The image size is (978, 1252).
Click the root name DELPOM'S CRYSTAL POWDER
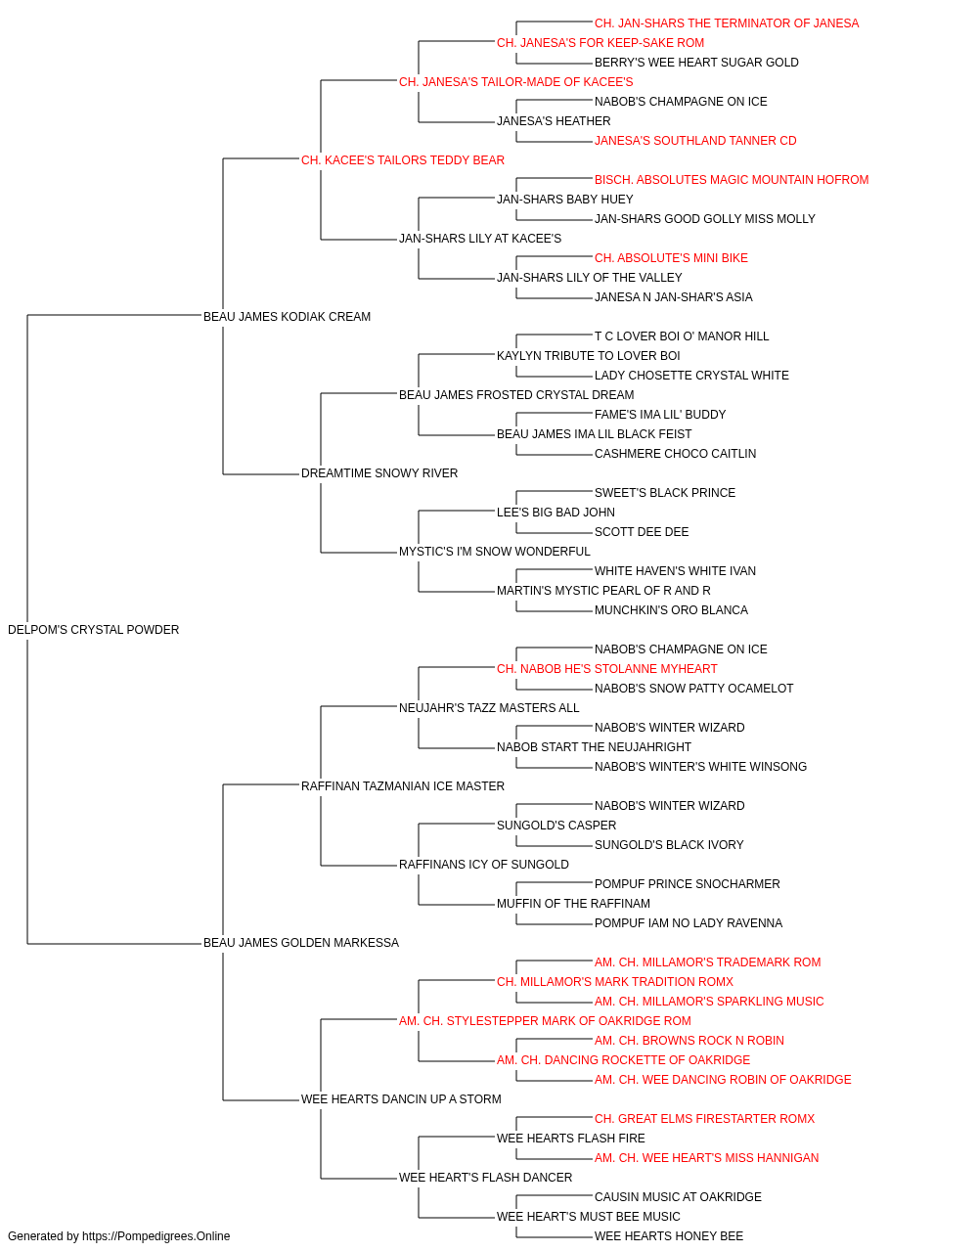tap(93, 630)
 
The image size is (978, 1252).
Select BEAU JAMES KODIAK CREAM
tap(287, 317)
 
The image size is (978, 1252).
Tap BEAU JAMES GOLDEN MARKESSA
tap(300, 943)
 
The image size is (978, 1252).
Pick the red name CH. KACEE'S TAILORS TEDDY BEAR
tap(403, 160)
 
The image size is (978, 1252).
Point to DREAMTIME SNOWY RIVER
tap(379, 473)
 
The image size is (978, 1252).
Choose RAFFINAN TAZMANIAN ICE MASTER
tap(403, 785)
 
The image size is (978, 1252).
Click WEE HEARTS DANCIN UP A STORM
tap(401, 1098)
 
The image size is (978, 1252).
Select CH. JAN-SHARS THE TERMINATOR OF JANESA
tap(727, 23)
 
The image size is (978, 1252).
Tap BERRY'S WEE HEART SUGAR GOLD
tap(696, 63)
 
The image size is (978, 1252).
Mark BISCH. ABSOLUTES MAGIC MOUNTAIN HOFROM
tap(732, 180)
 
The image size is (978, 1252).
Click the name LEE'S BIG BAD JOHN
tap(556, 513)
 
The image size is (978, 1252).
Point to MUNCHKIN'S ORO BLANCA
tap(671, 610)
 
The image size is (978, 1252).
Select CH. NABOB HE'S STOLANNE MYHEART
tap(607, 669)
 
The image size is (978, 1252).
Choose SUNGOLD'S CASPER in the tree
tap(556, 826)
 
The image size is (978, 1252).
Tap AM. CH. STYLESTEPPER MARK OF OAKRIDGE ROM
tap(545, 1021)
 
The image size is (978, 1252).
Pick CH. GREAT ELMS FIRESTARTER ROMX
tap(704, 1118)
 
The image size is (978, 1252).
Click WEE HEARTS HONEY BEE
tap(669, 1236)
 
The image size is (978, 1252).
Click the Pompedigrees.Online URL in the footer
tap(156, 1236)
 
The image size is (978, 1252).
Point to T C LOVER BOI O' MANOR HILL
tap(682, 336)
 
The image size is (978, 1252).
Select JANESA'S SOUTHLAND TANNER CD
tap(695, 141)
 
